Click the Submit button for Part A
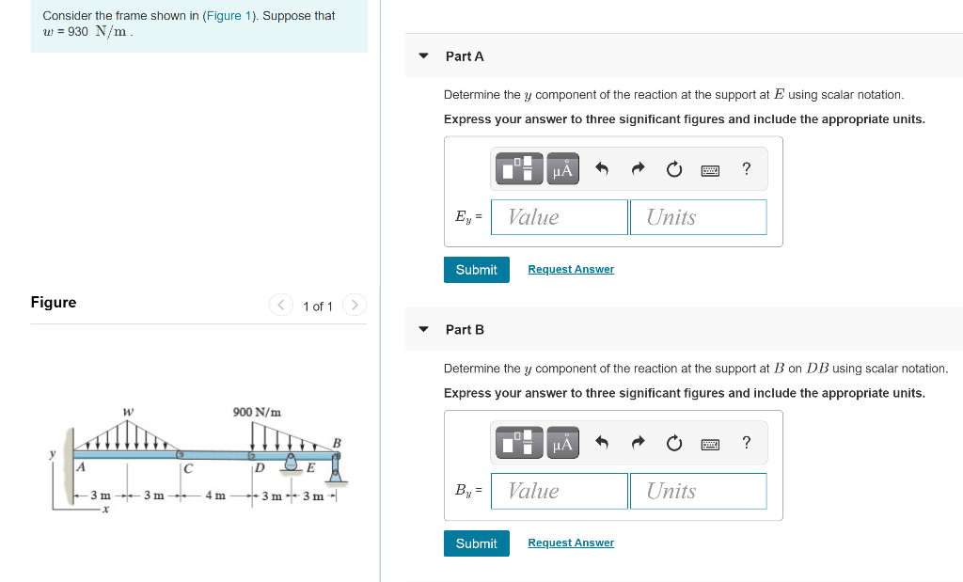476,270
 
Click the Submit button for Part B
476,543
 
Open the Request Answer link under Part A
570,270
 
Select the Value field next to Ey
560,217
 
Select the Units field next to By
698,491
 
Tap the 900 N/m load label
257,412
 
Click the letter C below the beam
188,467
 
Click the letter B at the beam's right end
337,443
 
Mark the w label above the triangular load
128,411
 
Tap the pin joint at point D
252,455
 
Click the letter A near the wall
81,466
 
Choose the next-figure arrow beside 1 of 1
354,306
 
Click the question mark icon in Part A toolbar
746,169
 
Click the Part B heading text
465,330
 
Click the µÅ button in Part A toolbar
562,169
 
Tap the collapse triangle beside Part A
423,56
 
